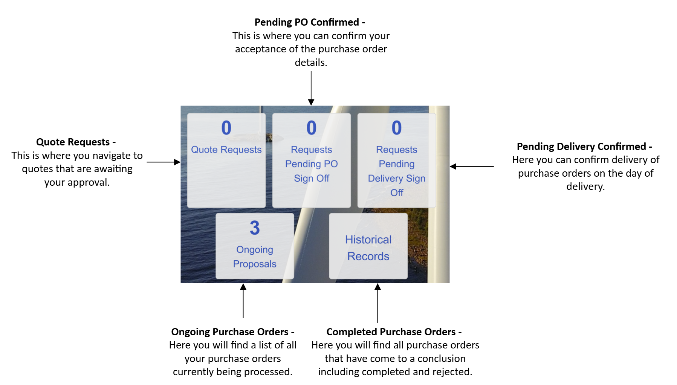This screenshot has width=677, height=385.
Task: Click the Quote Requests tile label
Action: click(x=226, y=150)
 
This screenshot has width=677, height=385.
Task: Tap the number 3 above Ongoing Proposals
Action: click(x=255, y=228)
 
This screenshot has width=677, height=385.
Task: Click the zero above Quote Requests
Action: click(x=226, y=128)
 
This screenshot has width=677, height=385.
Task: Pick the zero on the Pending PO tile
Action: click(x=311, y=128)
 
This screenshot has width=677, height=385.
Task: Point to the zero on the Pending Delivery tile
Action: click(x=397, y=128)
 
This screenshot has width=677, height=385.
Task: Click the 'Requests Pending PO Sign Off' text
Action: click(x=311, y=164)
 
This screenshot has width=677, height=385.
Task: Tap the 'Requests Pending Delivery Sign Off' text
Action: click(x=397, y=171)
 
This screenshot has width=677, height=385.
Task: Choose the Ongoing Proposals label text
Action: click(x=255, y=257)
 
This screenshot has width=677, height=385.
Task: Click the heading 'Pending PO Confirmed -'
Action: click(x=310, y=22)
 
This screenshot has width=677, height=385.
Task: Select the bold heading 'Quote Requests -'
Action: click(x=76, y=142)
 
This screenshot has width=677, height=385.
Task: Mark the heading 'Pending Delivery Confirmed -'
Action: click(x=584, y=146)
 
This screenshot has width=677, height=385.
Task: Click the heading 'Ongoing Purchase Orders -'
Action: click(x=232, y=332)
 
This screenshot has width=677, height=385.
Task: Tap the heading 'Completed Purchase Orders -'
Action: click(x=394, y=332)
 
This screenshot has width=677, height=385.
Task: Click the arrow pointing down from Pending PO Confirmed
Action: click(x=311, y=88)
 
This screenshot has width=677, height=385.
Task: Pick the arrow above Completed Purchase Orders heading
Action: click(x=377, y=303)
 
